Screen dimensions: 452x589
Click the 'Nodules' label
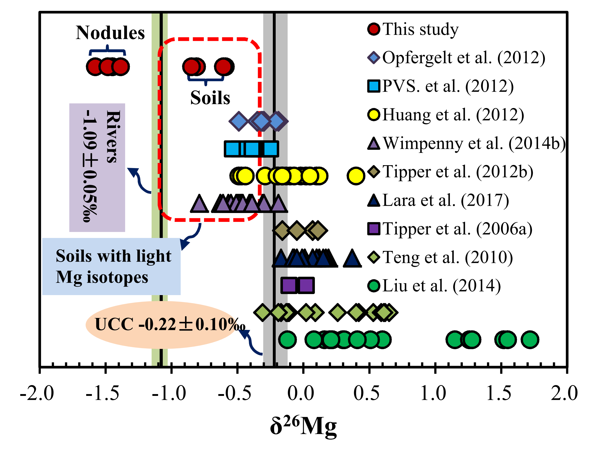click(x=110, y=33)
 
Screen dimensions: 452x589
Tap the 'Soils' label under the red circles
click(x=210, y=97)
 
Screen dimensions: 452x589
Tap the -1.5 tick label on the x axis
click(x=103, y=394)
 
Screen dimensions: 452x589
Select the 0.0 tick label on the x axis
click(x=301, y=394)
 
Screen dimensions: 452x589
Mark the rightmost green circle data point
click(x=530, y=340)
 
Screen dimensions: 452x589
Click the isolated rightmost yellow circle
click(x=356, y=176)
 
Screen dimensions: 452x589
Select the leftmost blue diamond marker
click(x=239, y=121)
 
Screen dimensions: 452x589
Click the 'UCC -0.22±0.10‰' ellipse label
click(x=161, y=324)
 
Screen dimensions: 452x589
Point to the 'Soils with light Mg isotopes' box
click(x=111, y=266)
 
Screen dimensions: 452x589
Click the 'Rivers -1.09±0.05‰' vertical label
click(x=97, y=167)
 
